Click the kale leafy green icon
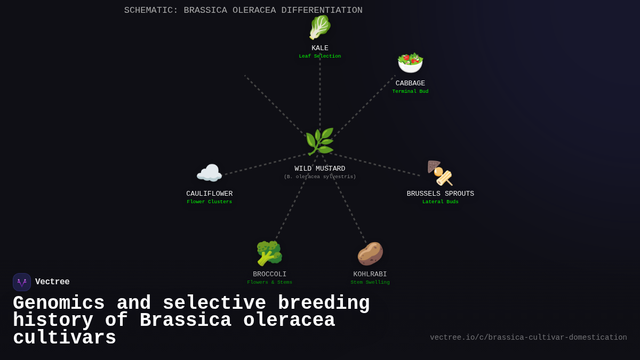320,27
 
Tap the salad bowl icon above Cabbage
410,63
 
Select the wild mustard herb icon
319,141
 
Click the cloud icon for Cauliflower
209,173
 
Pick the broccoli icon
269,253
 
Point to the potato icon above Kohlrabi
370,253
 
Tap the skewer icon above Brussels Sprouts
440,173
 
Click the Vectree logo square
22,282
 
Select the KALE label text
320,48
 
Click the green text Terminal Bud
410,92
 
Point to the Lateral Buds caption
441,202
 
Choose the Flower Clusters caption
210,202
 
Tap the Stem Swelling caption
370,283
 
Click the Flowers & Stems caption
270,283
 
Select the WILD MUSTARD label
320,169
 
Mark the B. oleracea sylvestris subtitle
320,177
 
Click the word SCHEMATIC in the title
151,10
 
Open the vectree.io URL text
529,338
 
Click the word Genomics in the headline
59,303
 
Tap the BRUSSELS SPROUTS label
441,194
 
